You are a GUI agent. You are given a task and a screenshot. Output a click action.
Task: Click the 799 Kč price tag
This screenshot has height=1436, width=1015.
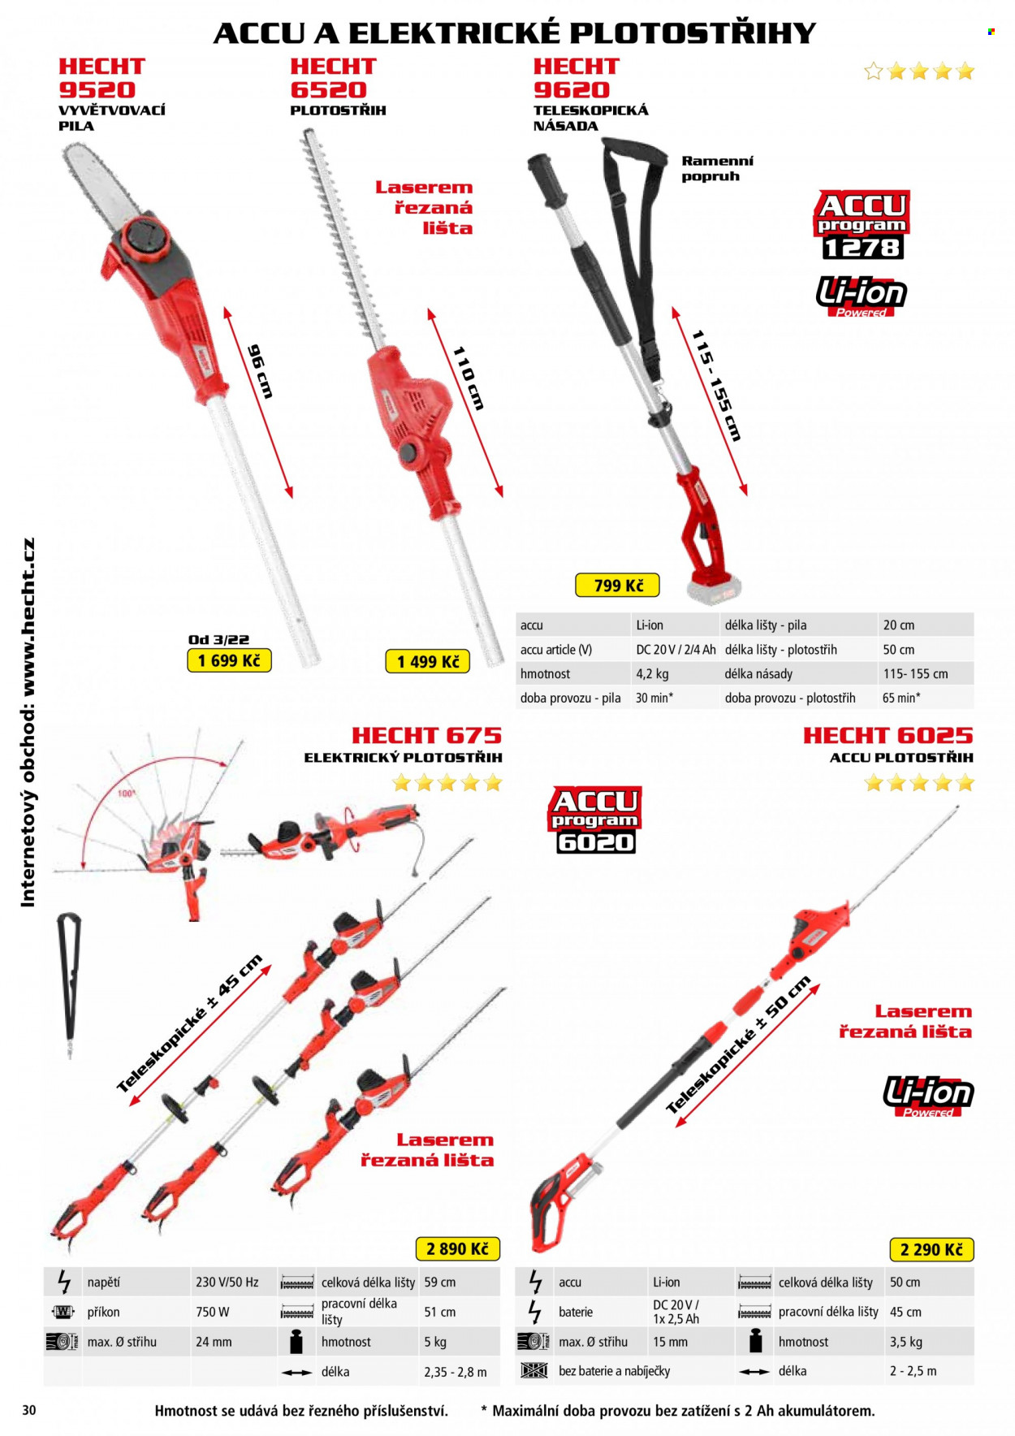[x=617, y=585]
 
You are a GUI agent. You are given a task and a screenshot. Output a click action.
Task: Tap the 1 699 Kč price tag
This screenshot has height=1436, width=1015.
[x=229, y=660]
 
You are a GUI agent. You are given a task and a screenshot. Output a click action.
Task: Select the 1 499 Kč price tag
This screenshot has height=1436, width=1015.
[x=428, y=661]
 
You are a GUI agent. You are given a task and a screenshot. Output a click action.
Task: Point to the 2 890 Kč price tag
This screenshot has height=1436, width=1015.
[x=457, y=1248]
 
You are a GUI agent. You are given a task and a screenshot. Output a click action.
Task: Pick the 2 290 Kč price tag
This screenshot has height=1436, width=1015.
[x=931, y=1249]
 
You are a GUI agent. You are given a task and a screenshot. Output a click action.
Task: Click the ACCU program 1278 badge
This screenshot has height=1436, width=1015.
[x=862, y=225]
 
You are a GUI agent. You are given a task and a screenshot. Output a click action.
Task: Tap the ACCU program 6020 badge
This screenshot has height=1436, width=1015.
[x=595, y=820]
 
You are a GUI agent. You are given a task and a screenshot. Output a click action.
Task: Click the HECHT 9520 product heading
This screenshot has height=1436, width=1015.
[x=101, y=78]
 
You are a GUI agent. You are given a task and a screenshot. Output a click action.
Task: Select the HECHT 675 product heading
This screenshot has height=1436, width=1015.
[x=426, y=735]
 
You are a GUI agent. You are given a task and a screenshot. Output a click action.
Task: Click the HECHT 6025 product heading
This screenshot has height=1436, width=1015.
[x=888, y=735]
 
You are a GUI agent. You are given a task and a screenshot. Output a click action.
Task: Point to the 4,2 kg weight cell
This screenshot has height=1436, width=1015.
[x=652, y=673]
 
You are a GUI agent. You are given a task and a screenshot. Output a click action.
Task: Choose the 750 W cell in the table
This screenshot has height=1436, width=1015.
[x=213, y=1312]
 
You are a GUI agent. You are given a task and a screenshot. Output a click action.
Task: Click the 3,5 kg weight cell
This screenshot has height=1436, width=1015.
[x=905, y=1342]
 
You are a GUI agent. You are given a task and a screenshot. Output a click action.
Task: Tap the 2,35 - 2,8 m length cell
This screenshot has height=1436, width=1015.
[x=456, y=1372]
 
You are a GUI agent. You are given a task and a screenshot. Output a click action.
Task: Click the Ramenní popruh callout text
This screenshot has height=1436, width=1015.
[x=717, y=168]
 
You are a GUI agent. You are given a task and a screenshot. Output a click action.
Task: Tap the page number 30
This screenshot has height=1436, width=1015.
[x=29, y=1410]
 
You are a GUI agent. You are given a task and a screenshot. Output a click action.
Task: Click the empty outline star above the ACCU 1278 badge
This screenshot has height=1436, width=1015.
[x=874, y=71]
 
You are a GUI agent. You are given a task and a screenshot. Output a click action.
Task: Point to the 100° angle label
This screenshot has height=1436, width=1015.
[x=127, y=793]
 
